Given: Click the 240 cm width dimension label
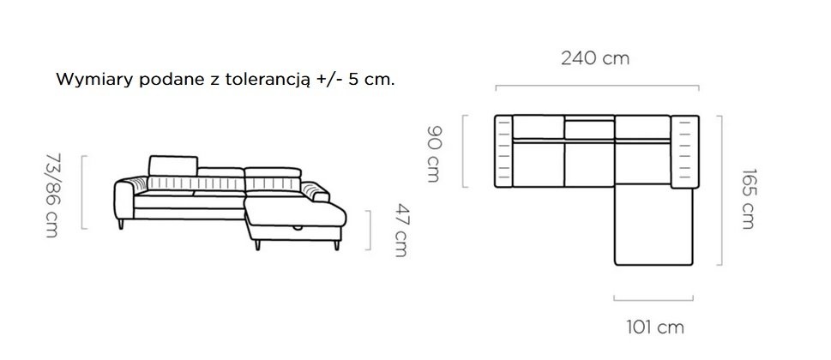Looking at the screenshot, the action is click(595, 57).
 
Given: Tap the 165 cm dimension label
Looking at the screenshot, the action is click(747, 199).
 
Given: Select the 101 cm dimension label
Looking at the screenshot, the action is click(655, 327).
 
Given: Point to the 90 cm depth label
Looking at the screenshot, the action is click(434, 154).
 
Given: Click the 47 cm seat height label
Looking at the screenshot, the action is click(400, 231).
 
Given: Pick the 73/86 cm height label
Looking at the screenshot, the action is click(53, 195).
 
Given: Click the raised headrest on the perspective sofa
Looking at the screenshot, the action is click(172, 165).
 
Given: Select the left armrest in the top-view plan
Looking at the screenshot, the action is click(503, 151).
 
